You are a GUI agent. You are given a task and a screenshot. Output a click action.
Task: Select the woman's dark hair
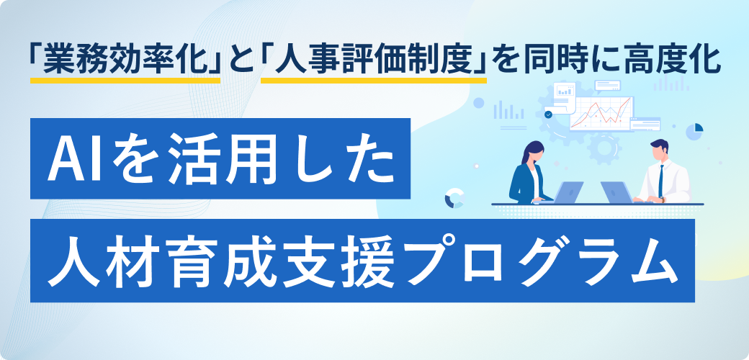point(532,152)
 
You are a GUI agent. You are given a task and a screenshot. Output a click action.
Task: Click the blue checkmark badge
point(548,114)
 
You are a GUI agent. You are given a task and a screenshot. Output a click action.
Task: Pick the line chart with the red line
point(601,113)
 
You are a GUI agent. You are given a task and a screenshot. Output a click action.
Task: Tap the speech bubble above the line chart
point(608,86)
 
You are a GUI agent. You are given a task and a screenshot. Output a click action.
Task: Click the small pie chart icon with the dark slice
point(694,131)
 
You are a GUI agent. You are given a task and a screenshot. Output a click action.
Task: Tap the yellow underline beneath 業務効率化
point(125,80)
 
